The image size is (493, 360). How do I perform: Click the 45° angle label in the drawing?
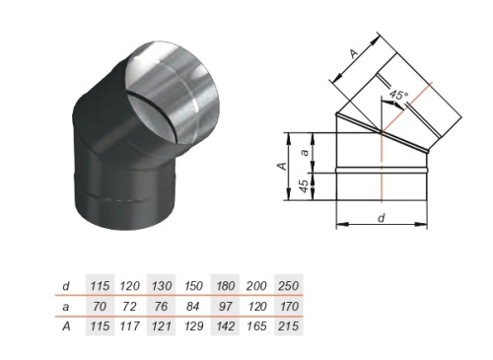pos(399,95)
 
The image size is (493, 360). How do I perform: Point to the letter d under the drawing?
pos(382,218)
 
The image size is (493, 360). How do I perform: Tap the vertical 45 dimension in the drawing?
pos(305,186)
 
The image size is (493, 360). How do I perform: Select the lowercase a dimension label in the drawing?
pos(306,152)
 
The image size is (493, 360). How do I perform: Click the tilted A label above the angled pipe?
pos(354,53)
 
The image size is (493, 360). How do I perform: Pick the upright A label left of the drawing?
pos(282,166)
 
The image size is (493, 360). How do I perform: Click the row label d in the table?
pos(66,286)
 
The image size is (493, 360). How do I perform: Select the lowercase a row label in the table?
pos(66,307)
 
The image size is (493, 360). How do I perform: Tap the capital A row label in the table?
pos(66,326)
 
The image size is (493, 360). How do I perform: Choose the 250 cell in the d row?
pos(288,286)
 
